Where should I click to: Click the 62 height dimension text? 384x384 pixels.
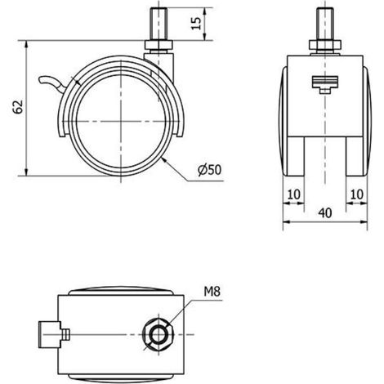(x=18, y=107)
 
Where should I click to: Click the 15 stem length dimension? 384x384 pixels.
(x=195, y=24)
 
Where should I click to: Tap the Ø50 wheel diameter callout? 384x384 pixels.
(x=210, y=170)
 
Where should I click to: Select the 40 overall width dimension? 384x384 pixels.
(x=325, y=213)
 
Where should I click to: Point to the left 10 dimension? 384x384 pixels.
(x=294, y=194)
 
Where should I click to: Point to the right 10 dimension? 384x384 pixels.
(x=356, y=194)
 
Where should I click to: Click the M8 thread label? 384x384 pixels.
(x=212, y=292)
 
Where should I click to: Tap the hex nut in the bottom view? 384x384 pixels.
(x=157, y=334)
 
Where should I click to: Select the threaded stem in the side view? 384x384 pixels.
(x=159, y=25)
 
